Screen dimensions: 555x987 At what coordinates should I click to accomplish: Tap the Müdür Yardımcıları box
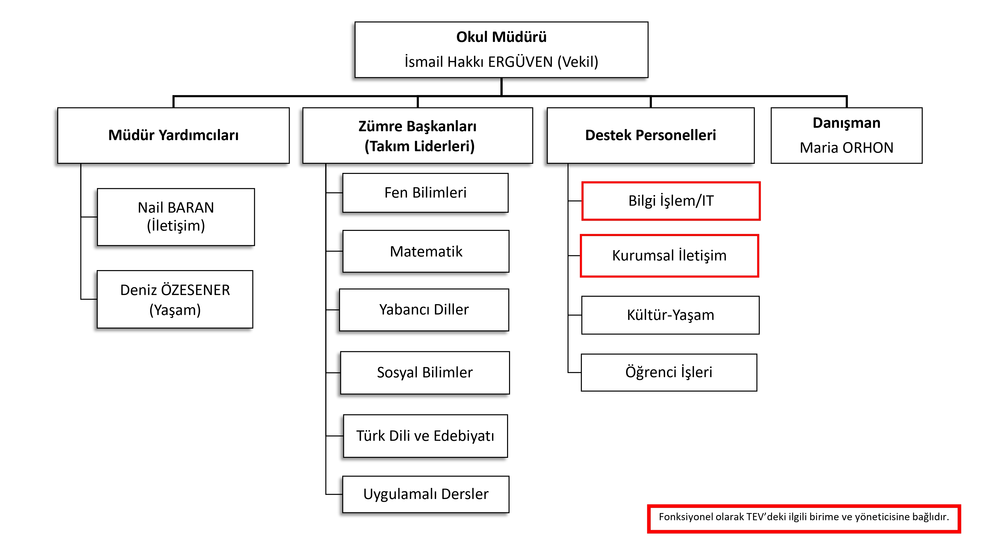coord(173,135)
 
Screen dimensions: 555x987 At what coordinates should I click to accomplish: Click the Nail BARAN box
coord(176,217)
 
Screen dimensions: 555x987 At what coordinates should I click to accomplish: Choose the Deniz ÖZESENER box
coord(175,299)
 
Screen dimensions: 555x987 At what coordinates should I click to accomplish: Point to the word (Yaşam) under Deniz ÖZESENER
coord(175,310)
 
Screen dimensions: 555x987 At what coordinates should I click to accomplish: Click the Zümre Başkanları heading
coord(417,126)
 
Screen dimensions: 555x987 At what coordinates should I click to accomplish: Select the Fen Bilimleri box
coord(425,193)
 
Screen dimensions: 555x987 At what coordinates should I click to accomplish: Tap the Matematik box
coord(426,251)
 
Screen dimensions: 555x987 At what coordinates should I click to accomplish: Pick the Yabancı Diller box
coord(424,310)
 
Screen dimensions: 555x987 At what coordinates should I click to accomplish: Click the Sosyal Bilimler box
coord(424,372)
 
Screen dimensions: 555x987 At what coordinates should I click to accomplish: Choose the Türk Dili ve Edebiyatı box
coord(425,436)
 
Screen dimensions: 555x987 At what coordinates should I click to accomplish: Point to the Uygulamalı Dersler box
coord(426,494)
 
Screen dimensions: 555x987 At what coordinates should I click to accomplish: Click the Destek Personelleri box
coord(650,135)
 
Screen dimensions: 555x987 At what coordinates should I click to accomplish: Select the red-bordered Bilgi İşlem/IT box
coord(670,201)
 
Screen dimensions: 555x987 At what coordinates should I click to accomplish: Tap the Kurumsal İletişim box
coord(669,256)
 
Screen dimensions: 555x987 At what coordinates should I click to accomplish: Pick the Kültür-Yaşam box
coord(670,315)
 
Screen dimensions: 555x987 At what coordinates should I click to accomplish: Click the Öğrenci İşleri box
coord(669,372)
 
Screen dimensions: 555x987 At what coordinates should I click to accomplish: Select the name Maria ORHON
coord(846,148)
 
